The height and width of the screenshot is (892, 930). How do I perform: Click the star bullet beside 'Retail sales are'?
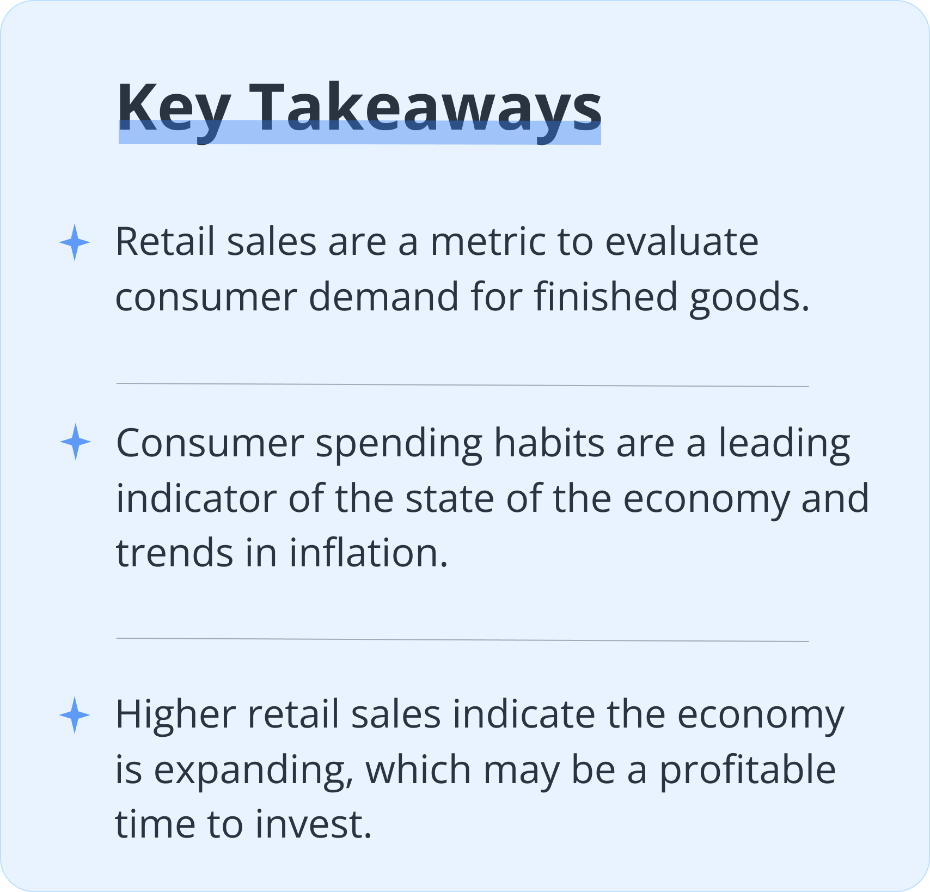tap(75, 242)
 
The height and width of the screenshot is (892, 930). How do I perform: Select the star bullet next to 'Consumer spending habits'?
tap(75, 442)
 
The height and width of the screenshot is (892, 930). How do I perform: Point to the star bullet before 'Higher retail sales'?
tap(75, 715)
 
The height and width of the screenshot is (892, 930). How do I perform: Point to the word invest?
tap(313, 824)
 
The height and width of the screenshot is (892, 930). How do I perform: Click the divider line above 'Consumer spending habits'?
tap(462, 385)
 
